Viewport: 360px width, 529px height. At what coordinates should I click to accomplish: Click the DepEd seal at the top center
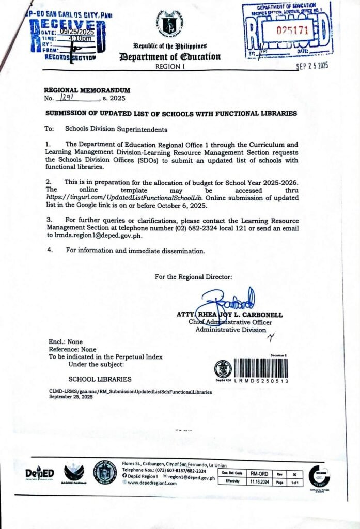170,23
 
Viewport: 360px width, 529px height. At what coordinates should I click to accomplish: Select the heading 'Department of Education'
177,57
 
